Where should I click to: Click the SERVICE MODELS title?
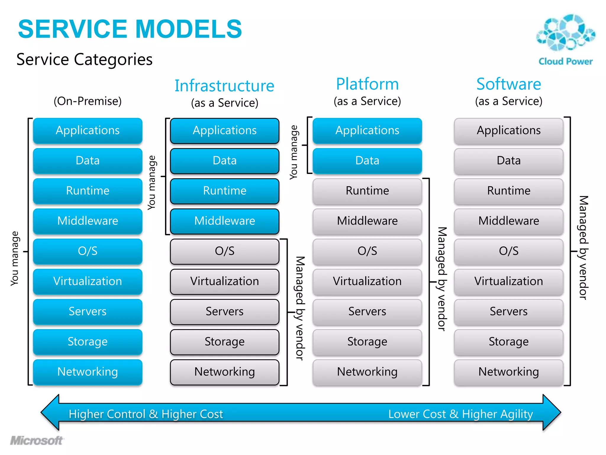pyautogui.click(x=130, y=29)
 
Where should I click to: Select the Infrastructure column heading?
pyautogui.click(x=224, y=86)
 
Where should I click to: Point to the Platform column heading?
pyautogui.click(x=367, y=84)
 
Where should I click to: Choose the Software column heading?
pyautogui.click(x=509, y=84)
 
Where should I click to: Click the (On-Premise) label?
pyautogui.click(x=88, y=101)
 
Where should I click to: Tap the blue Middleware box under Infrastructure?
pyautogui.click(x=225, y=221)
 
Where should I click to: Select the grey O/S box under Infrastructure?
pyautogui.click(x=225, y=251)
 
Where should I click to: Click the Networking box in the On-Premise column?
pyautogui.click(x=88, y=372)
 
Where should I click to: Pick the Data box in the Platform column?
pyautogui.click(x=367, y=161)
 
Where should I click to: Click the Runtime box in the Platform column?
pyautogui.click(x=367, y=191)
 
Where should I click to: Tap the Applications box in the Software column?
pyautogui.click(x=509, y=130)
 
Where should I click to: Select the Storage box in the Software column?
pyautogui.click(x=509, y=342)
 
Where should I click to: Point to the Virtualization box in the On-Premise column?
pyautogui.click(x=88, y=281)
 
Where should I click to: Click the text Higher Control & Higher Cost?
pyautogui.click(x=146, y=414)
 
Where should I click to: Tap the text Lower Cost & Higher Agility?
pyautogui.click(x=460, y=414)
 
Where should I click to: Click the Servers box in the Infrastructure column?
pyautogui.click(x=225, y=311)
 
